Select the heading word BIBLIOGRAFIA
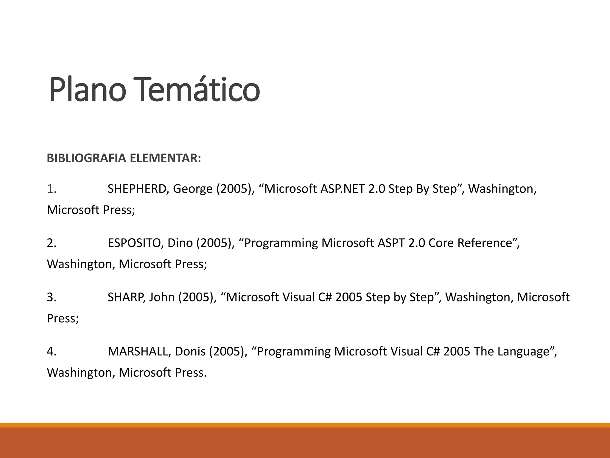[86, 158]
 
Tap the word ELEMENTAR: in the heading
[166, 158]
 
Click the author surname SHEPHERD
[137, 189]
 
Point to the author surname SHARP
[126, 297]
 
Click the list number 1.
[51, 189]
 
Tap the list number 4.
[51, 352]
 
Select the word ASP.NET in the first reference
[342, 189]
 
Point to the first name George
[193, 189]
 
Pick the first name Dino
[179, 243]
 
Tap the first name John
[162, 297]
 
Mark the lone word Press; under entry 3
[63, 318]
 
